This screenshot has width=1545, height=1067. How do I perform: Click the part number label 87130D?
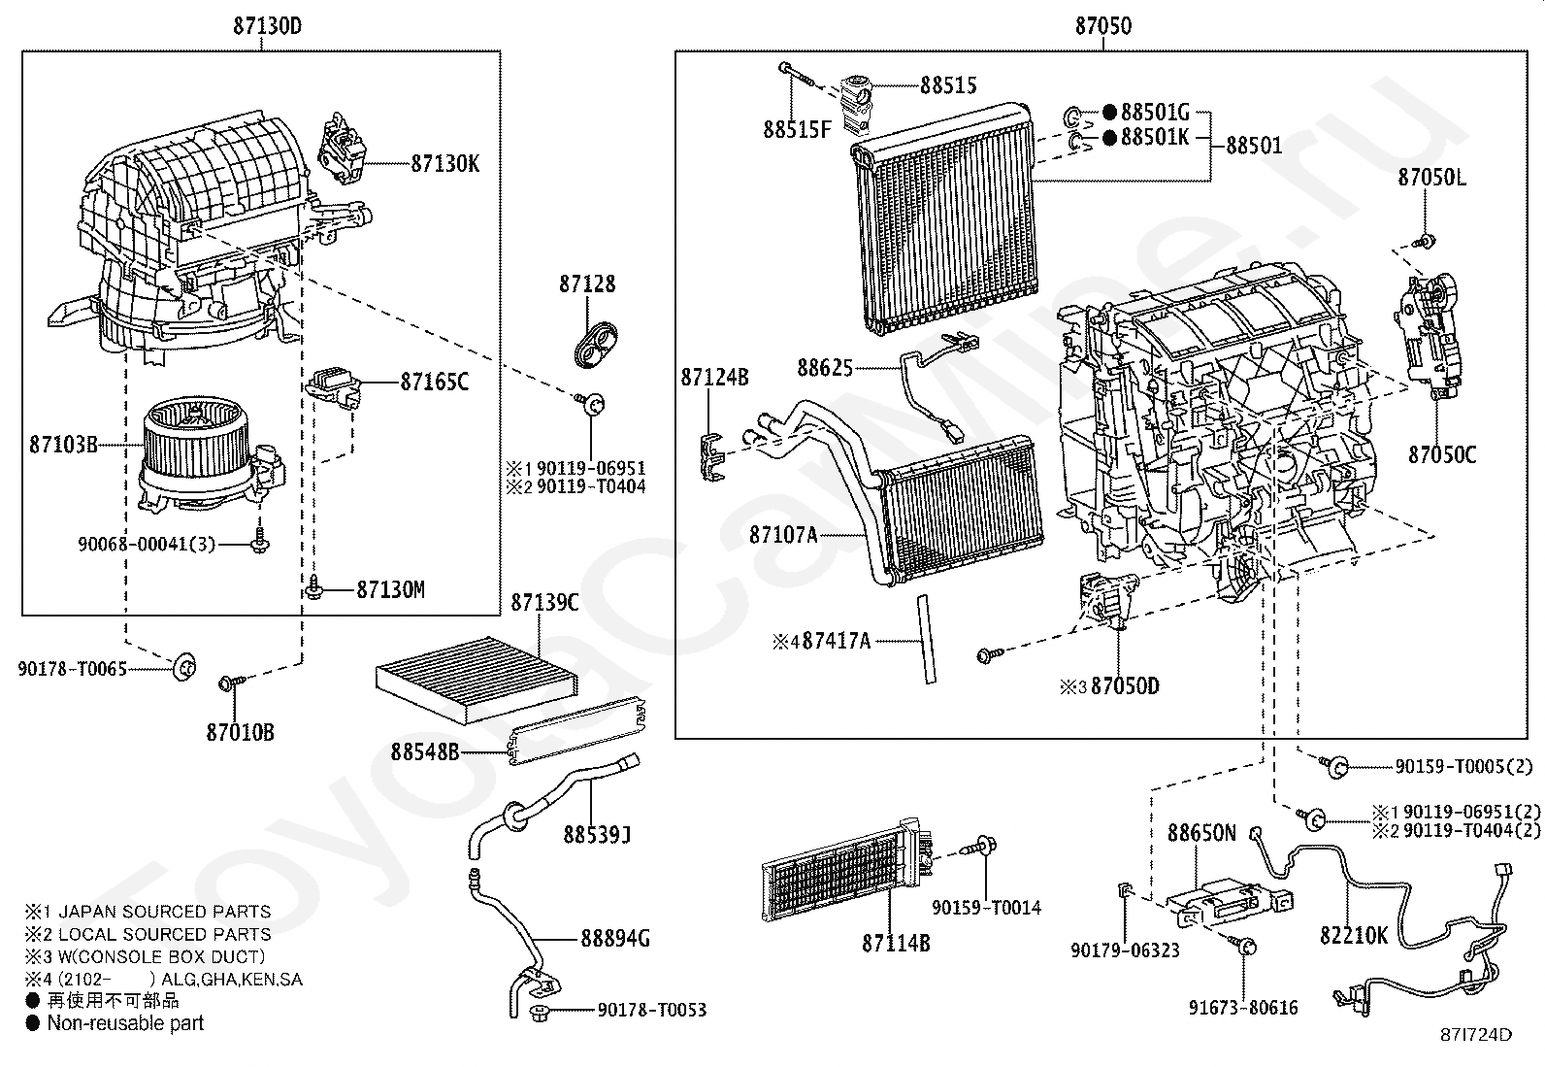click(268, 26)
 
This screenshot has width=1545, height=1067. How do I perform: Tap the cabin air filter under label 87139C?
click(477, 680)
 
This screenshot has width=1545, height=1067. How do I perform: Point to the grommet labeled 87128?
click(595, 343)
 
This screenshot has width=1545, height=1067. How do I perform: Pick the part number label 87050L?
click(1431, 178)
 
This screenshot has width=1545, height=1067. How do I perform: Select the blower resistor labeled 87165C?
click(333, 389)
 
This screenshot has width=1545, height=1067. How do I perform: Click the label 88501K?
click(1155, 137)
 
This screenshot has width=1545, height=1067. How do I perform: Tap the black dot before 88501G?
click(1109, 112)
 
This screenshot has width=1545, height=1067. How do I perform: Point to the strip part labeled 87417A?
click(926, 639)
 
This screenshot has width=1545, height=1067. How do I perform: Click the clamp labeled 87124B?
click(712, 457)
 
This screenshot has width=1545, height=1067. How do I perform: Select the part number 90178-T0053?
click(652, 1010)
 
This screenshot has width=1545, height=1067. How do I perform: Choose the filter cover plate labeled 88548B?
click(578, 731)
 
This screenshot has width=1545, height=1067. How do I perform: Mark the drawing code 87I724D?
click(1476, 1035)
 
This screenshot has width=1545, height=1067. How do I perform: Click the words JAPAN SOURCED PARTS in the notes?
click(165, 912)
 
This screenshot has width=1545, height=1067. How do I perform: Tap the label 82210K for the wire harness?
click(1353, 935)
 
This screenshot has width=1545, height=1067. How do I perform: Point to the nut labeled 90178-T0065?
click(184, 667)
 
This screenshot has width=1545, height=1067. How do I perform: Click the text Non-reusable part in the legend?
click(125, 1023)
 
